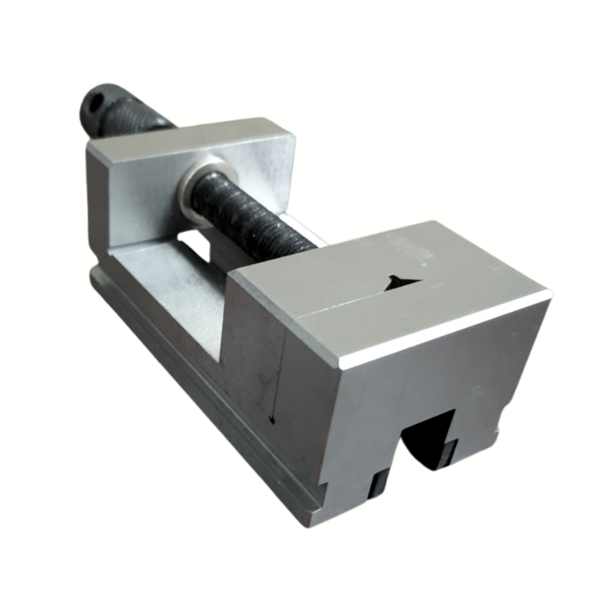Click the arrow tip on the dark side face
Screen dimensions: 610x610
tap(271, 420)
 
